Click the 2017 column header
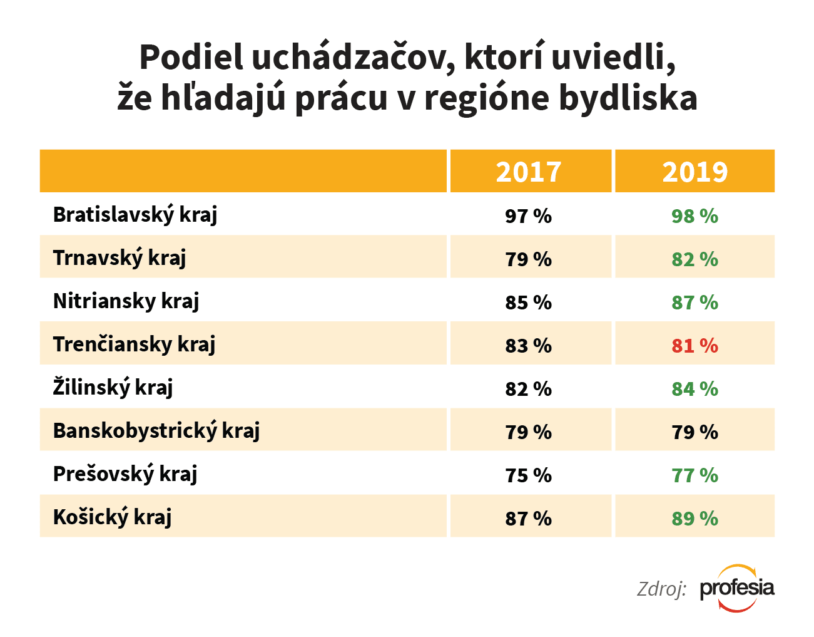[x=529, y=172]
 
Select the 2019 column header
[x=694, y=172]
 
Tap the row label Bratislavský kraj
[x=135, y=215]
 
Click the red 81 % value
[x=694, y=346]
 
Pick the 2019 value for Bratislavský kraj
[x=694, y=216]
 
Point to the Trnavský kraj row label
[x=120, y=258]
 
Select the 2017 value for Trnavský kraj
[x=529, y=259]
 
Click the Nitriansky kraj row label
[x=126, y=301]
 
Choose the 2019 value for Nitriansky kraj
[x=694, y=303]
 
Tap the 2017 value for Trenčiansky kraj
[x=529, y=346]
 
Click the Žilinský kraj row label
[x=113, y=388]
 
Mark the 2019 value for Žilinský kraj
[x=694, y=389]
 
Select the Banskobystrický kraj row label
[x=156, y=431]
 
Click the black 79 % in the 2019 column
[x=694, y=432]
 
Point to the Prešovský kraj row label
[x=125, y=474]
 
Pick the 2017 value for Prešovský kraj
[x=529, y=475]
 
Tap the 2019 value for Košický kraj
[x=694, y=519]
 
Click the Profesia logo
[x=737, y=588]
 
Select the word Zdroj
[x=661, y=589]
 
